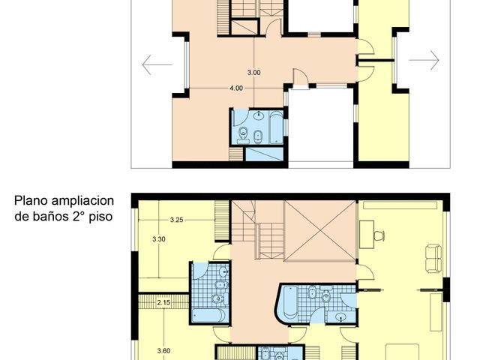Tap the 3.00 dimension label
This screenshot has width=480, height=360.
(x=254, y=73)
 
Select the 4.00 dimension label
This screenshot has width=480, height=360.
(x=236, y=88)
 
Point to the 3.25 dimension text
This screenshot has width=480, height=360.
(x=177, y=220)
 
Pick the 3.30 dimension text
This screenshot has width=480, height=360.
(x=158, y=238)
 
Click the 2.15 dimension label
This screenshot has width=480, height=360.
(x=164, y=302)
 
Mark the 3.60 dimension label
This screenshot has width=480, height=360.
(x=163, y=350)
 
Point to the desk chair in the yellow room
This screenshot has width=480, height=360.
(x=374, y=233)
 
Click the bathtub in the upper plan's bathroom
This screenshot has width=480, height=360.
(x=275, y=127)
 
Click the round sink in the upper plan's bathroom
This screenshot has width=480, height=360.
(x=259, y=116)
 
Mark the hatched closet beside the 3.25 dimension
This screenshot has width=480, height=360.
(x=221, y=223)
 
